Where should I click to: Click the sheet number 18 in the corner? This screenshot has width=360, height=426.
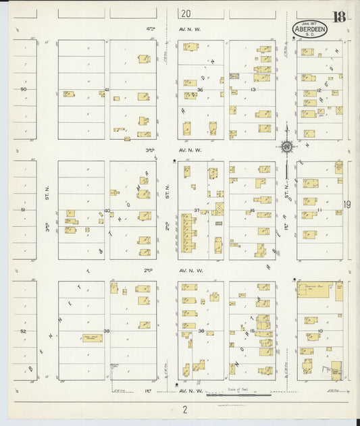pyautogui.click(x=338, y=17)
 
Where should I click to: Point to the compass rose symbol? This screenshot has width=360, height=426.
pyautogui.click(x=286, y=147)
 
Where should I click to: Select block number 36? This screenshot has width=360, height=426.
pyautogui.click(x=200, y=90)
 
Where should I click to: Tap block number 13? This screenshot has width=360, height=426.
pyautogui.click(x=253, y=90)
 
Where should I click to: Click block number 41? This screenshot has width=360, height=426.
pyautogui.click(x=107, y=90)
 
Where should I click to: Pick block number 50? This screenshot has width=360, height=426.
pyautogui.click(x=23, y=90)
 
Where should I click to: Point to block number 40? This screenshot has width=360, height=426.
pyautogui.click(x=107, y=211)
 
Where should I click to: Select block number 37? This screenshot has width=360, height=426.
pyautogui.click(x=197, y=211)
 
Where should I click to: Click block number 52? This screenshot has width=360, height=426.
pyautogui.click(x=23, y=331)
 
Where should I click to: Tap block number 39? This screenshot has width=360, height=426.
pyautogui.click(x=107, y=331)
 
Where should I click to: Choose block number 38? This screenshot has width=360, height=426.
pyautogui.click(x=201, y=331)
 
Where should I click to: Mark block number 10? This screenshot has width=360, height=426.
pyautogui.click(x=320, y=331)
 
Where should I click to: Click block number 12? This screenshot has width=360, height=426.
pyautogui.click(x=319, y=90)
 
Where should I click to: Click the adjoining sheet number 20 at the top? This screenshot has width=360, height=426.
pyautogui.click(x=186, y=14)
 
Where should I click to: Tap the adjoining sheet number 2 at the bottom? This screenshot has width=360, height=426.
pyautogui.click(x=183, y=410)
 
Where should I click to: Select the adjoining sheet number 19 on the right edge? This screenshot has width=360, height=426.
pyautogui.click(x=346, y=205)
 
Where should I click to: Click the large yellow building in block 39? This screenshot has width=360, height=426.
pyautogui.click(x=93, y=338)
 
